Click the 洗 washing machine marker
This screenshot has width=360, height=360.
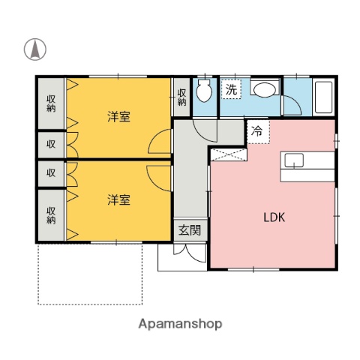point(231,88)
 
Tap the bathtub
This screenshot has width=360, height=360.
point(323,97)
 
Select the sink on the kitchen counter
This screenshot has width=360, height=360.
point(293,160)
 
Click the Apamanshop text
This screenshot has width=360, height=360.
point(180,324)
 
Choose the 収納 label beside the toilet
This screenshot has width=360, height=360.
point(182,97)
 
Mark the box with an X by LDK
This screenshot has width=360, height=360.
point(228,156)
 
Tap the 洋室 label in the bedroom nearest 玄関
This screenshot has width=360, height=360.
point(118,199)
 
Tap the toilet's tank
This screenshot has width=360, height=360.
point(203,83)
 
